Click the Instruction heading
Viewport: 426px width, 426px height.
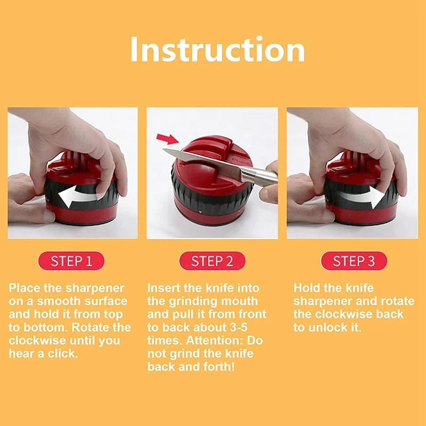(217, 50)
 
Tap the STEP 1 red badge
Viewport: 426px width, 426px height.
(71, 261)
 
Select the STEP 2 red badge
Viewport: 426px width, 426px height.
(212, 261)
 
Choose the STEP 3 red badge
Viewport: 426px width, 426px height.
(354, 261)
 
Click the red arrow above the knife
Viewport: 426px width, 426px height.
(168, 138)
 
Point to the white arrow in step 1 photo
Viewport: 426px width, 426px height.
(79, 196)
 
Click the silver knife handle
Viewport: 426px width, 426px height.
(258, 177)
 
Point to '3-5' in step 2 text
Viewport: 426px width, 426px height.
(239, 327)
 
